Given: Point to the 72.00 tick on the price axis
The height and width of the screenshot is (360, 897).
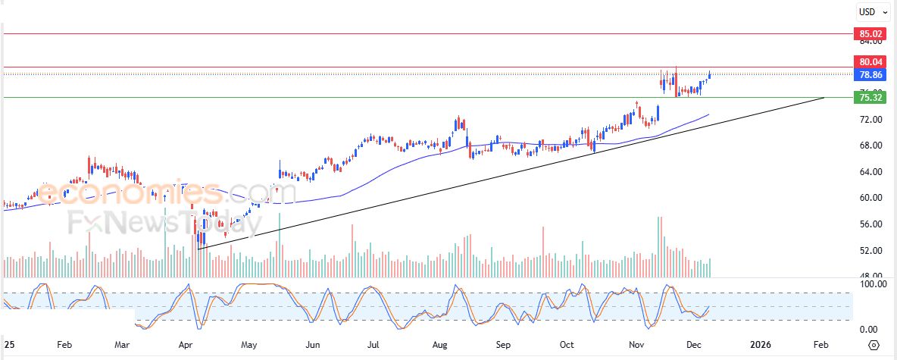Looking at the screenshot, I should pos(868,120).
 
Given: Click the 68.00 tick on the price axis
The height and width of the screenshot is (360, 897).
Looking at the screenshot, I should pos(868,146).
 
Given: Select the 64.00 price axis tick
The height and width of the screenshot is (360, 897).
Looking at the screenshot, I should pos(868,172).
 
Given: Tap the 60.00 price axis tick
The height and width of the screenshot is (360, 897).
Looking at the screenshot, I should pos(868,198).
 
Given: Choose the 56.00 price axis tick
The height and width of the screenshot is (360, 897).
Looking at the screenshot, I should pos(868,224).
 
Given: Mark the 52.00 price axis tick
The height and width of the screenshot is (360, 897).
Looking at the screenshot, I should pos(868,250).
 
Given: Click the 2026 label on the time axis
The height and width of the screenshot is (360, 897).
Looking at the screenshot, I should pos(761,344).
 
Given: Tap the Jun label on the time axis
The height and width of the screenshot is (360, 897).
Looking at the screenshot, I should pos(311,344).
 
